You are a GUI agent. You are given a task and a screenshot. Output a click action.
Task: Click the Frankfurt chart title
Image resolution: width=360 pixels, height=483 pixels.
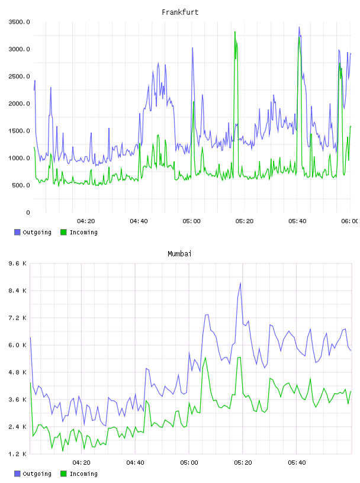point(180,12)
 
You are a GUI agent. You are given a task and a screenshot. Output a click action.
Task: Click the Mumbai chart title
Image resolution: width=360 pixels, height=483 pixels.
point(179,254)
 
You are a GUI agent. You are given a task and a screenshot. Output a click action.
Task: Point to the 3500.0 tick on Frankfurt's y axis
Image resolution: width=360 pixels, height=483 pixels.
point(19,22)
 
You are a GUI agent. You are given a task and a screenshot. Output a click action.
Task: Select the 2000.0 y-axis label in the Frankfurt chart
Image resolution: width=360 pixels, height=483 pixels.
point(19,104)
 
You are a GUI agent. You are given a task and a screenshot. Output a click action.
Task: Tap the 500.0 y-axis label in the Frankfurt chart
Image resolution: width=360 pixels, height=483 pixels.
point(21,185)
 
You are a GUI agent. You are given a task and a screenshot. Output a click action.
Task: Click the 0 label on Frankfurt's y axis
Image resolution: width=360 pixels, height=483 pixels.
point(28,212)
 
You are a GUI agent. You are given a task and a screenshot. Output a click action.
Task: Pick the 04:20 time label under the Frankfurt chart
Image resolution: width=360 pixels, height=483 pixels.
point(86,221)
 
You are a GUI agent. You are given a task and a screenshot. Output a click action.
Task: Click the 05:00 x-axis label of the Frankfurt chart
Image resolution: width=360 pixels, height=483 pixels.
point(191,221)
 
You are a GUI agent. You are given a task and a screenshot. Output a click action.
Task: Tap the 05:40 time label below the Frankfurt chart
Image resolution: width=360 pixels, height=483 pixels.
point(297,221)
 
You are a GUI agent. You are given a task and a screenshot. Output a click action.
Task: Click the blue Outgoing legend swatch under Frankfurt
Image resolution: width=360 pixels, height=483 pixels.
point(17,232)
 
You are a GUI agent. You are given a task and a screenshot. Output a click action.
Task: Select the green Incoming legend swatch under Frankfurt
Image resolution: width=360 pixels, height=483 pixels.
point(63,232)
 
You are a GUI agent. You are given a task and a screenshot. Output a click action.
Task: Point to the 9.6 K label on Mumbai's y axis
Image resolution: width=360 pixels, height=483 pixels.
point(18,263)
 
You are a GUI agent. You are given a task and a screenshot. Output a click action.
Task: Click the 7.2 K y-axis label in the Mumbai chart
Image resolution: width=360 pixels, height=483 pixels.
point(18,318)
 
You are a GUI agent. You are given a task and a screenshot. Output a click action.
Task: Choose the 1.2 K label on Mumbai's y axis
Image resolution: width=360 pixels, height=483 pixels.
point(18,454)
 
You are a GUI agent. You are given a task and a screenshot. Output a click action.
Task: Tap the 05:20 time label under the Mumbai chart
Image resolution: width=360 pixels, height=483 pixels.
point(243,463)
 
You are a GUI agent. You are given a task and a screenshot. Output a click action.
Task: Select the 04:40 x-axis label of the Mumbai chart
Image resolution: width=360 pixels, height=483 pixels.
point(136,463)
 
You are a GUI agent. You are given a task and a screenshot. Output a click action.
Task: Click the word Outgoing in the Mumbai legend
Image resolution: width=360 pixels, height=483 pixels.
point(37,474)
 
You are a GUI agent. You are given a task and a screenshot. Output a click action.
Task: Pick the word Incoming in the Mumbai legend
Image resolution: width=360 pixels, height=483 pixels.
point(83,474)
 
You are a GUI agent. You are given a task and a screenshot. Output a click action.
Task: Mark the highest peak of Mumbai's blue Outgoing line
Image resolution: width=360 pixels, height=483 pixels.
point(240,283)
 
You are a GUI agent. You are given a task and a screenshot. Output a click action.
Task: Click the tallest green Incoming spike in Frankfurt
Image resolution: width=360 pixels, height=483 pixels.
point(235,32)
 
